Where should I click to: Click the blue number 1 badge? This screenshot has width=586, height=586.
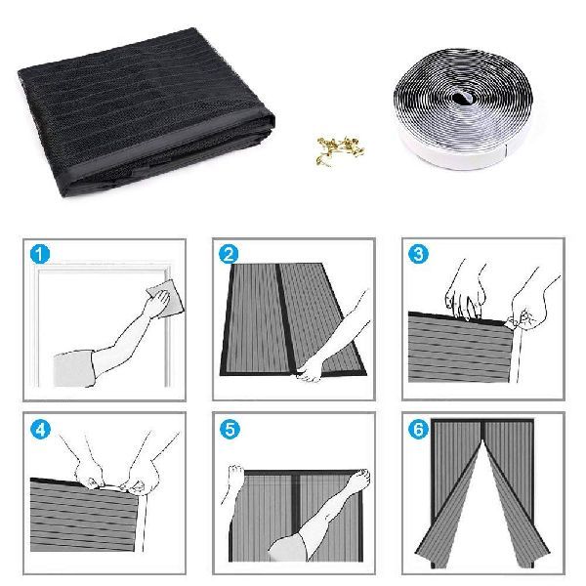point(39,254)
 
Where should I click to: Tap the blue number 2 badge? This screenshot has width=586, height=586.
point(229,254)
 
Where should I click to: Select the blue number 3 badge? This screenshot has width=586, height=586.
point(418,254)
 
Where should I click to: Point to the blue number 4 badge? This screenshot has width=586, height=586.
point(40,429)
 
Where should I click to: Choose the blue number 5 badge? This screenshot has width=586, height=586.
point(230,429)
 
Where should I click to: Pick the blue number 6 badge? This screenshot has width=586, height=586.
point(418,429)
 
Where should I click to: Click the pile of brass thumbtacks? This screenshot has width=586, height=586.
point(340,150)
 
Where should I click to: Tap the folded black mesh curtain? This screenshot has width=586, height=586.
point(146,112)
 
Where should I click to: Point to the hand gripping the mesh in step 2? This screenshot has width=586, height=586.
point(311,372)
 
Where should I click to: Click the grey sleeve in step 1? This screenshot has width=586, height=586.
point(74,368)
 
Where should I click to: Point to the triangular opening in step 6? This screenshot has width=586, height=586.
point(484,497)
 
